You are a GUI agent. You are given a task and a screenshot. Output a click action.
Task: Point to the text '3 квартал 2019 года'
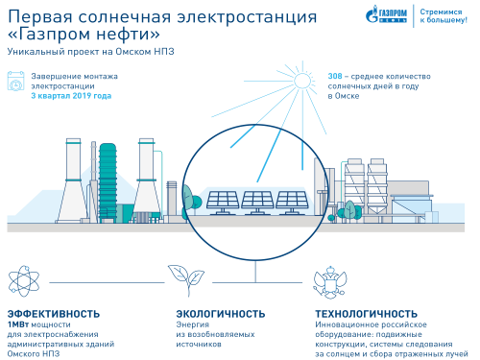click(71, 96)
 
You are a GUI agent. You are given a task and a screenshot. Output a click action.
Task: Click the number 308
click(336, 74)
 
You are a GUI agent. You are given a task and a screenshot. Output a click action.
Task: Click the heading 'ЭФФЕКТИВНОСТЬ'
click(54, 314)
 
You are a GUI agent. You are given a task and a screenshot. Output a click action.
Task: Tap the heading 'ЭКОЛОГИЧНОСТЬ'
click(221, 314)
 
